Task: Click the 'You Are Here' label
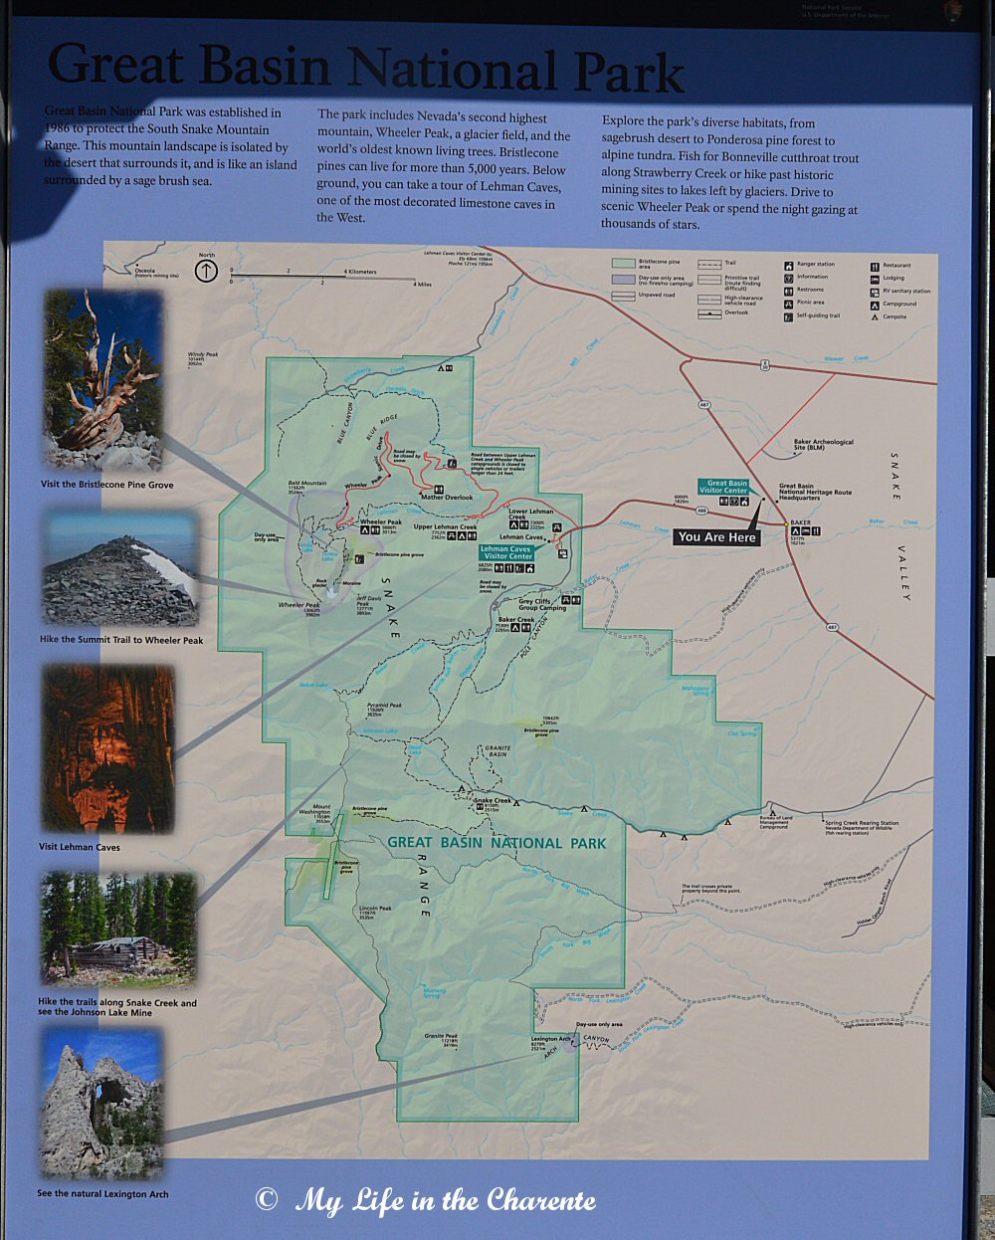click(716, 537)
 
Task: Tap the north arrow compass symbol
click(206, 270)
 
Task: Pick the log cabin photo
click(117, 929)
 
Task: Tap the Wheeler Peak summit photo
click(119, 569)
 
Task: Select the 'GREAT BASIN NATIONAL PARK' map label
click(497, 843)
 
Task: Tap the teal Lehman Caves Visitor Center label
click(505, 552)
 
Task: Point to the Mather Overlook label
click(447, 498)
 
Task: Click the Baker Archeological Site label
click(823, 445)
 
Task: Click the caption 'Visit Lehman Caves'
click(80, 847)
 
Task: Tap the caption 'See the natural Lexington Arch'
click(102, 1193)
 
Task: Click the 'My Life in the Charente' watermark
click(428, 1200)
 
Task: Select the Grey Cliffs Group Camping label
click(542, 605)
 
